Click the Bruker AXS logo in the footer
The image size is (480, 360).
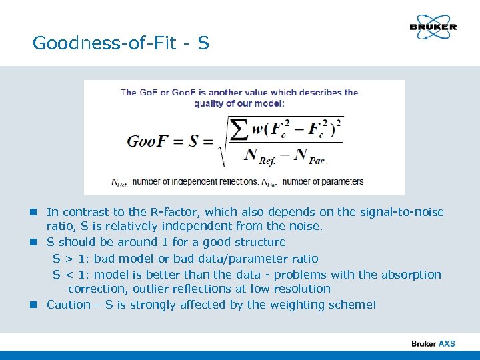point(433,344)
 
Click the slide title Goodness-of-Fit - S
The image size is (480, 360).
point(121,44)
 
